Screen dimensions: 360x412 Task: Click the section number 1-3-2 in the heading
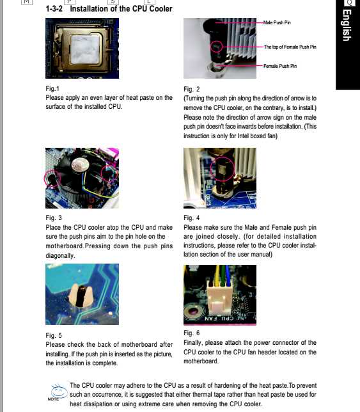point(54,9)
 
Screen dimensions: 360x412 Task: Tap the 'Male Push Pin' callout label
point(277,22)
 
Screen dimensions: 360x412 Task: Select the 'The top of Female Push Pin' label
point(290,47)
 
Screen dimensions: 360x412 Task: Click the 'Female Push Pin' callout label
point(280,66)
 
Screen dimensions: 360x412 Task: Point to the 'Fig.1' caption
point(52,88)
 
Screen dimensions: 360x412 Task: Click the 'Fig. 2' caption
point(192,89)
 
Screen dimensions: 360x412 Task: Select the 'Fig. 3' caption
point(54,218)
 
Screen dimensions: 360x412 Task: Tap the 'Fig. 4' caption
point(192,218)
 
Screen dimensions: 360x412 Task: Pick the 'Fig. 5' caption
point(54,335)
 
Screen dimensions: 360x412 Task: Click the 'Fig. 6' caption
point(192,333)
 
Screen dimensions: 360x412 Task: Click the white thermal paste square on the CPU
point(85,50)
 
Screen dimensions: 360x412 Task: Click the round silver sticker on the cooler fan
point(80,164)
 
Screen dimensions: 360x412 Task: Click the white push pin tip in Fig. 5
point(81,296)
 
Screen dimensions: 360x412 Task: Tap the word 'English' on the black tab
point(347,25)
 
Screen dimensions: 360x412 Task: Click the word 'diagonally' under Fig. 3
point(60,256)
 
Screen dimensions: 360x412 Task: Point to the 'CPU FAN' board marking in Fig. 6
point(219,319)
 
